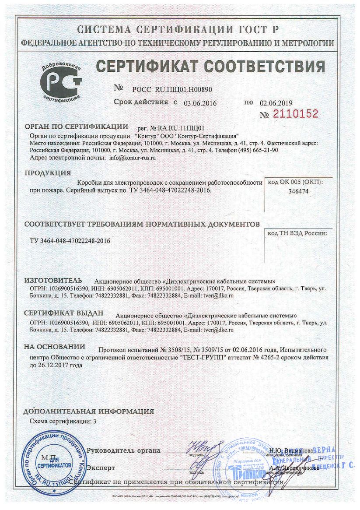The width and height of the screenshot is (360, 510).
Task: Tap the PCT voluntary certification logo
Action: [x=61, y=82]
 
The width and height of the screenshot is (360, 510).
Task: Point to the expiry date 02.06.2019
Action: [x=276, y=103]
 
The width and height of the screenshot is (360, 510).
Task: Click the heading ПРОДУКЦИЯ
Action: [x=47, y=173]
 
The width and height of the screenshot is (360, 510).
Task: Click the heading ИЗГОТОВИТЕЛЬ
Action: [x=53, y=280]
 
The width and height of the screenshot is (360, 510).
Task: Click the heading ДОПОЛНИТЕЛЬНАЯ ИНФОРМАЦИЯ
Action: [x=89, y=412]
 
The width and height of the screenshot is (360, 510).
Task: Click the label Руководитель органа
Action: [x=124, y=450]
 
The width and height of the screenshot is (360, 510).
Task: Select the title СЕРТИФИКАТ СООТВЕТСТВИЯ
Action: [x=210, y=67]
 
